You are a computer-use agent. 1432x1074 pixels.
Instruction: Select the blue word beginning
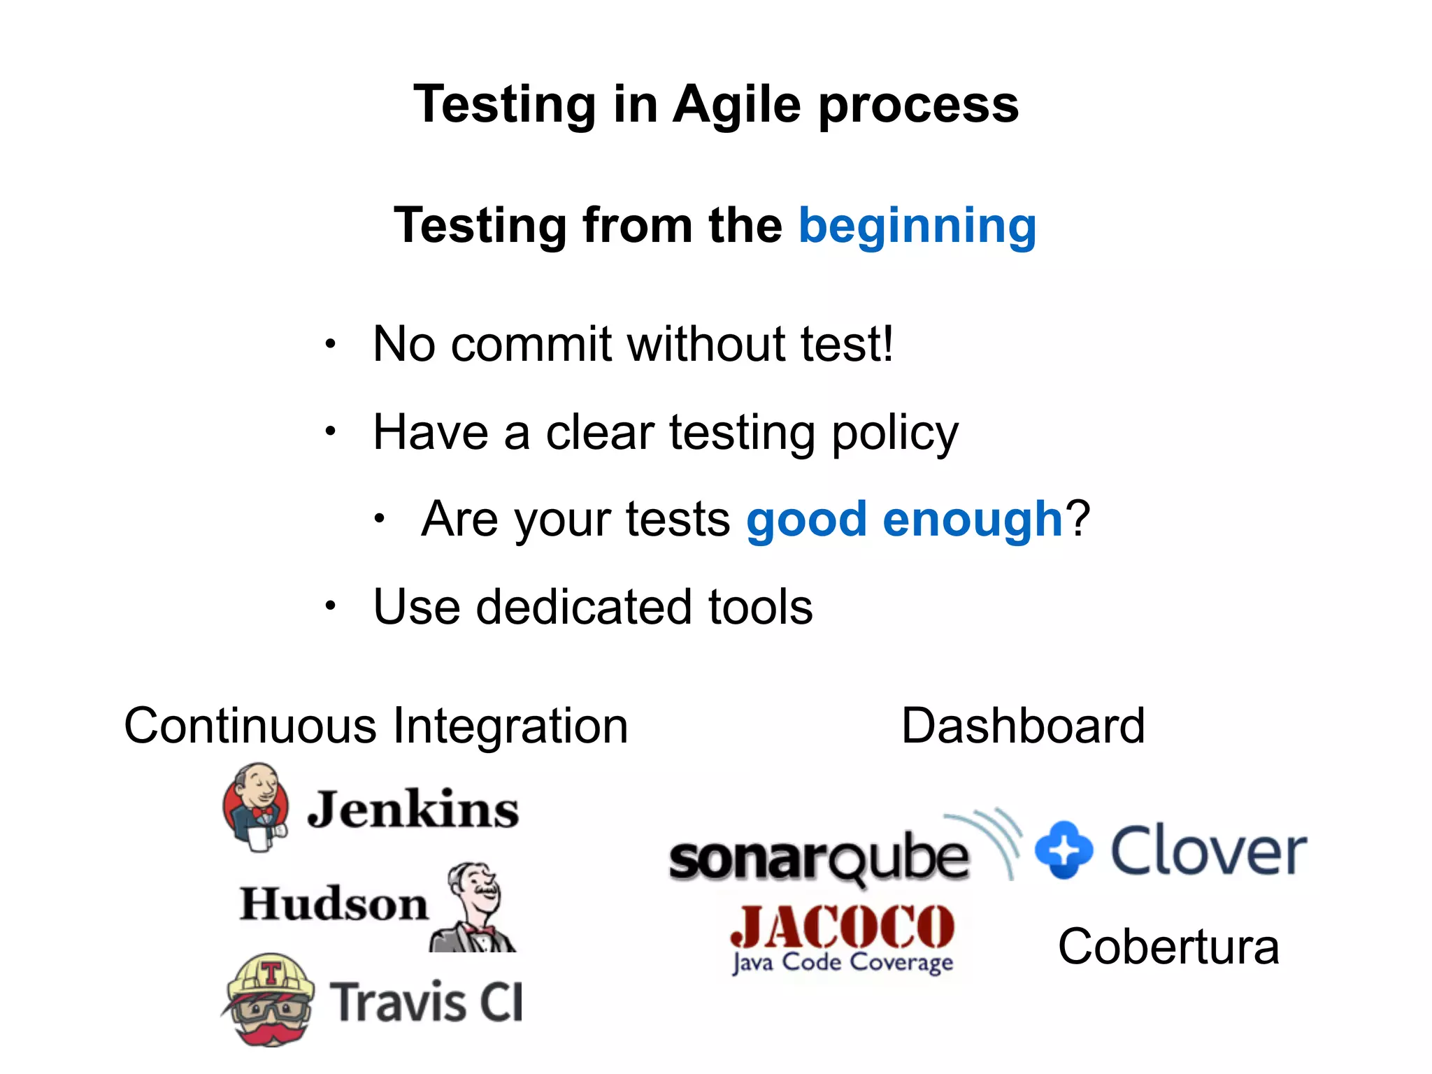(917, 226)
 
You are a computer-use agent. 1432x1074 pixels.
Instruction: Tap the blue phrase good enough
(904, 520)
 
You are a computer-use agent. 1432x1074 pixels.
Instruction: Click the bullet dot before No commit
(331, 344)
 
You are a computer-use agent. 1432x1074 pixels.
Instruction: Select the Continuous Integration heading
(376, 726)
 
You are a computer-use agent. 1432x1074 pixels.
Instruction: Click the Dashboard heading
(1022, 726)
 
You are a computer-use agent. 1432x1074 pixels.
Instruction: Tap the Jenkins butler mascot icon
(256, 808)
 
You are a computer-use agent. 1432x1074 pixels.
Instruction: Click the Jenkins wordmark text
(413, 810)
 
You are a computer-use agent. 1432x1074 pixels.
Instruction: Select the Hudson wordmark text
(334, 903)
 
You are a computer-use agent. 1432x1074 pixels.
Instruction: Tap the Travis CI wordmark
(426, 1002)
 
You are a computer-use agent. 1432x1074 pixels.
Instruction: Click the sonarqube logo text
(818, 859)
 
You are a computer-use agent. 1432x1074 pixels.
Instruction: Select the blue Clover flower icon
(1064, 850)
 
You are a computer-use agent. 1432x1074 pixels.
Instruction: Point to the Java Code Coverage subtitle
(842, 964)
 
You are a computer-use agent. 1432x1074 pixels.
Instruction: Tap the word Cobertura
(1168, 947)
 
